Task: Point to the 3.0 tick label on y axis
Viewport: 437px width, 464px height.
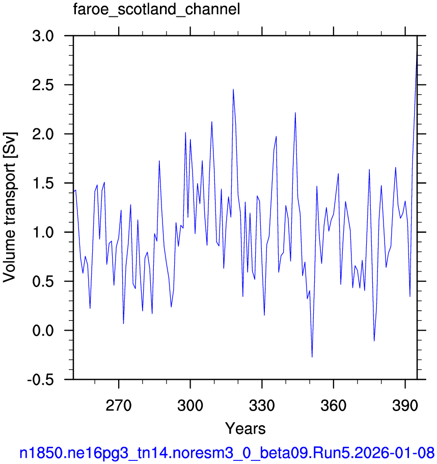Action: [43, 36]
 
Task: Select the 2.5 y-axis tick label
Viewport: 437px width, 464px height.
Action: [43, 85]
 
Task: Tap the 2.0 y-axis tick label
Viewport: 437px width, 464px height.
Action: [43, 134]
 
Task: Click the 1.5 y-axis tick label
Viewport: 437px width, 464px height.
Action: [43, 183]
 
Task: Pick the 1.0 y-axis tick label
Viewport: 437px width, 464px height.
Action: [43, 232]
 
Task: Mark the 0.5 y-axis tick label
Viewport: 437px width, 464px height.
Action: [43, 282]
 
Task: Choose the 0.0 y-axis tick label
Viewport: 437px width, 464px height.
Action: [43, 331]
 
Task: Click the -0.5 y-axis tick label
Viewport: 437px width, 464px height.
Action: [41, 379]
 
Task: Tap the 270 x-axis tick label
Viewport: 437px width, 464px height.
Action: [118, 405]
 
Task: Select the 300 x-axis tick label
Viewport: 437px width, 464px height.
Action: [190, 405]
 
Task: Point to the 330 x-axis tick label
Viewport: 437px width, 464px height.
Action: [262, 405]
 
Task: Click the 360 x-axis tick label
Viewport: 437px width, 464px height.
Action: [334, 405]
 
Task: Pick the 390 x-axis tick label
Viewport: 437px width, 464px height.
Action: [405, 405]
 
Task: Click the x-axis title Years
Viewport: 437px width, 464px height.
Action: [245, 428]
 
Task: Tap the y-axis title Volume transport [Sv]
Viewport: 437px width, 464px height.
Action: [10, 207]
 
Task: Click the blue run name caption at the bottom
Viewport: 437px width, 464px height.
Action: [227, 453]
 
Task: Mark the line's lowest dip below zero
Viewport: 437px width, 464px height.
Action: [312, 357]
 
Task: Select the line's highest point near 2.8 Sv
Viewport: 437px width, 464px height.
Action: [417, 52]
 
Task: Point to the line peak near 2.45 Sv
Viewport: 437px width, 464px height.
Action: [233, 89]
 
